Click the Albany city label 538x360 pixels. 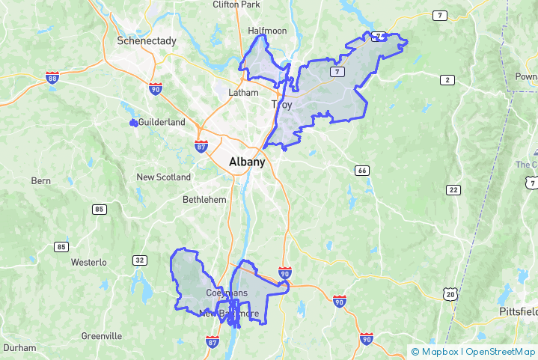point(246,162)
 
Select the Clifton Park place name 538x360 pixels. point(236,4)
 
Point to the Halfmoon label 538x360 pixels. point(267,31)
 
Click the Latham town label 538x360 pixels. point(243,93)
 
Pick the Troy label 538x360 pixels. point(281,106)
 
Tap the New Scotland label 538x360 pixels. point(163,177)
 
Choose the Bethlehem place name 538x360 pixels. point(204,200)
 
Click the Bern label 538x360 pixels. point(40,181)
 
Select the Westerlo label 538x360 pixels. point(90,263)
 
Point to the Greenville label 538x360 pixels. point(102,336)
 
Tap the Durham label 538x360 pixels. point(19,348)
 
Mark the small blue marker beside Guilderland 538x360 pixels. point(133,122)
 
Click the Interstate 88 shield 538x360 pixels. point(52,77)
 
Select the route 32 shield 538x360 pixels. point(139,260)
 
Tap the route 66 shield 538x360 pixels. point(362,171)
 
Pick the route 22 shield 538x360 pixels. point(453,190)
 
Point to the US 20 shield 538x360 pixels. point(449,295)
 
